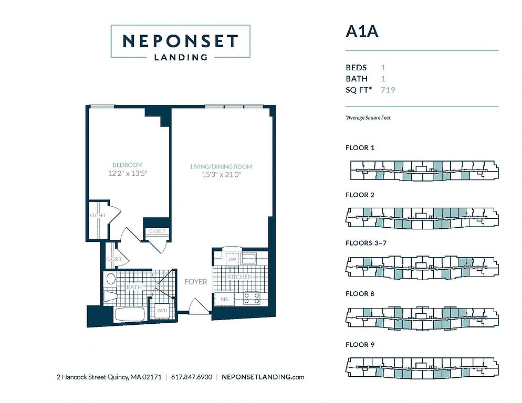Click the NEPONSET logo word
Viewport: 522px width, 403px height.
pos(181,41)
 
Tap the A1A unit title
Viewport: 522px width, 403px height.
pos(362,31)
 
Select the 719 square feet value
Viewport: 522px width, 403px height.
pos(388,90)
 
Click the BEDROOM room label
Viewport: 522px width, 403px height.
pos(128,165)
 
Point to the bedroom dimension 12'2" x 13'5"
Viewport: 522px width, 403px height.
pos(128,173)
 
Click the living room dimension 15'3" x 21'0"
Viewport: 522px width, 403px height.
pos(222,174)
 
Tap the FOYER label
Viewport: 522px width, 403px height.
pos(196,282)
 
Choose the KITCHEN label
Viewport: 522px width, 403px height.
pos(239,277)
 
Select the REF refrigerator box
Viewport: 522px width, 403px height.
pos(225,299)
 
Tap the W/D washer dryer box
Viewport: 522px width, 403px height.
pos(162,311)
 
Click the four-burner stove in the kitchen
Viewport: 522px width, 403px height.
pos(252,298)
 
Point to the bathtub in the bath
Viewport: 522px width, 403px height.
pos(130,314)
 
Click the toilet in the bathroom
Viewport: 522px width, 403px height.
pos(110,295)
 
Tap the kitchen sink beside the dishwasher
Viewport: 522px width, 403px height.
pos(248,259)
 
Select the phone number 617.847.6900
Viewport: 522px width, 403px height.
pos(192,377)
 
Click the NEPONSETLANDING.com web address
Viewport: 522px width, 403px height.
pos(263,377)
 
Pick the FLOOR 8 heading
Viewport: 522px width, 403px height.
pos(360,293)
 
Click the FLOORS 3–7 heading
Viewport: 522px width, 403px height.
pos(366,243)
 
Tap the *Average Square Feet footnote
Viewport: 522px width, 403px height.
pos(368,118)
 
